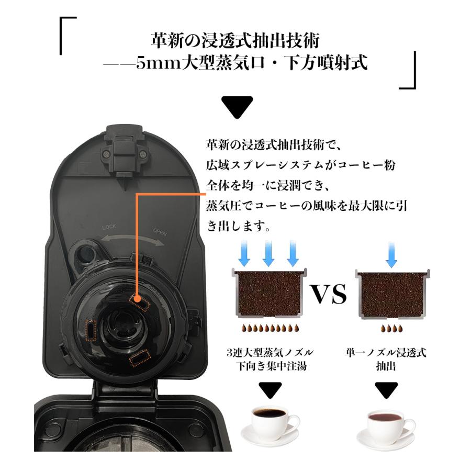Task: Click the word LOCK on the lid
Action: tap(109, 227)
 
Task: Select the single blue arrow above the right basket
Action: tap(391, 254)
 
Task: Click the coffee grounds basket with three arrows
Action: tap(269, 294)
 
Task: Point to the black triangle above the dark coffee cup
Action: tap(270, 389)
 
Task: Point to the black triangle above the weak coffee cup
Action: tap(388, 389)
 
